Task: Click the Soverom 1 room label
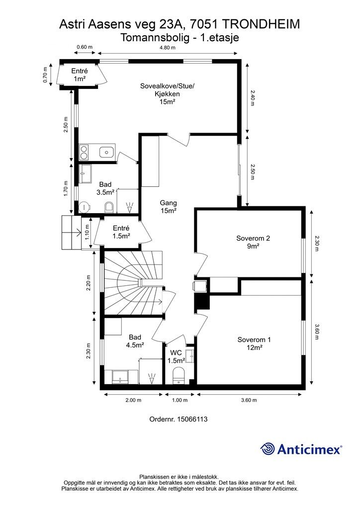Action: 254,343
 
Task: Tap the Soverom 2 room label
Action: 253,242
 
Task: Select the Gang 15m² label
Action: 168,207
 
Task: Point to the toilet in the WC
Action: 178,374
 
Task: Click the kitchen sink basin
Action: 106,152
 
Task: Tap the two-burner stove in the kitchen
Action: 84,152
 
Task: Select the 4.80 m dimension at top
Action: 168,48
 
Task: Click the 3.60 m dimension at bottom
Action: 249,400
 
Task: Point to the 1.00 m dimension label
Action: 180,400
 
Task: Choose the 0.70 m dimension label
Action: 45,75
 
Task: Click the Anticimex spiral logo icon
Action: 268,449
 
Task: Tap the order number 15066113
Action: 192,419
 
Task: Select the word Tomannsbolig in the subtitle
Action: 155,38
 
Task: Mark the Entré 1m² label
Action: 80,75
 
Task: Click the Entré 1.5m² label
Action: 121,232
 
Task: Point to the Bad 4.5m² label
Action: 135,341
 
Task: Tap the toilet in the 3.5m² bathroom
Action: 109,207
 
